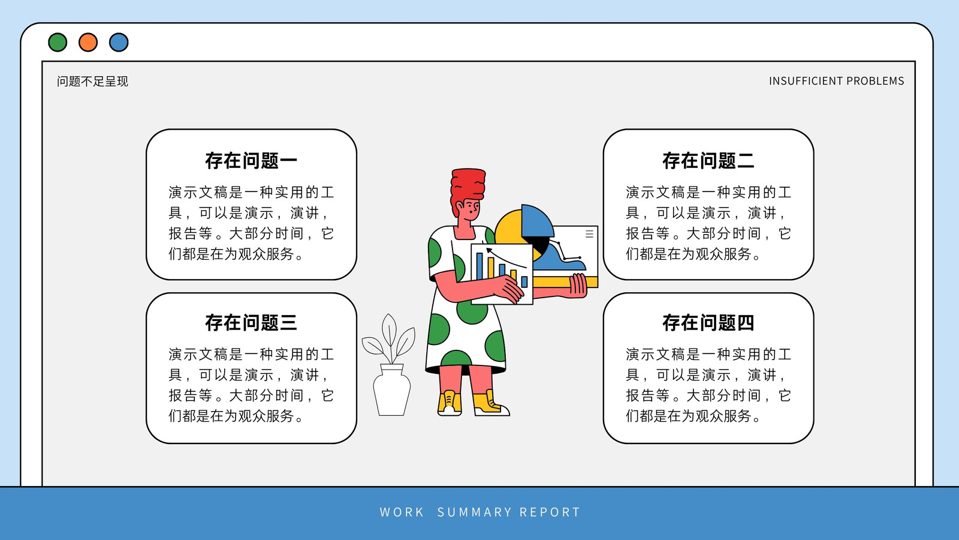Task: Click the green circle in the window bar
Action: [x=58, y=43]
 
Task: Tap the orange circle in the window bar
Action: [x=88, y=43]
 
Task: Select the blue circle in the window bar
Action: [x=119, y=43]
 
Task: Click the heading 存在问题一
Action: [x=251, y=161]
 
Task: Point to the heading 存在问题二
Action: [x=708, y=161]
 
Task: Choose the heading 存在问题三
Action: [x=251, y=323]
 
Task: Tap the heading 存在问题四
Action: [x=708, y=323]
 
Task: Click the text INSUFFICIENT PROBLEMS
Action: [x=837, y=81]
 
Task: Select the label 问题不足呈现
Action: [x=92, y=82]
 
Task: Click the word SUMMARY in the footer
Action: [x=474, y=512]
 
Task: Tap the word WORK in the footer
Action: [x=402, y=512]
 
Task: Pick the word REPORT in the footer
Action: [x=550, y=512]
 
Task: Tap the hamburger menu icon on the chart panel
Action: [x=590, y=233]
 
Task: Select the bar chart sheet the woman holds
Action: [x=502, y=274]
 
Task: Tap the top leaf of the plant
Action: [x=389, y=329]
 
